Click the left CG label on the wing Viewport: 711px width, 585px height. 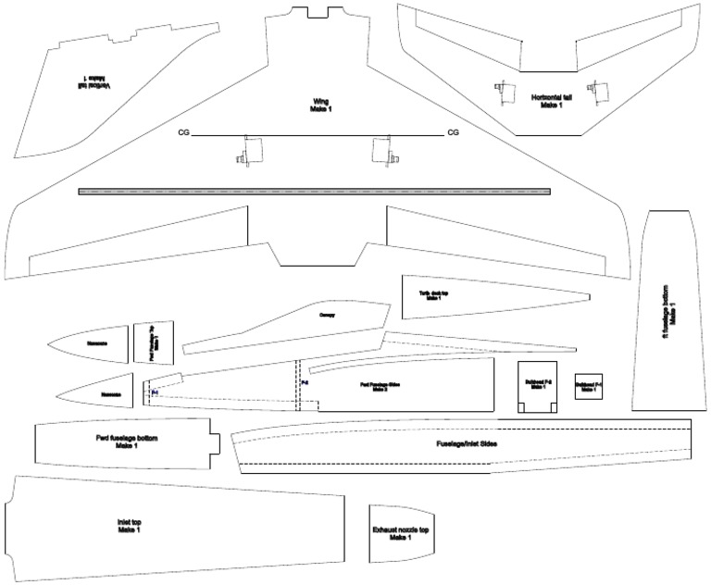click(184, 133)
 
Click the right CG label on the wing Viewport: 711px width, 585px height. click(453, 133)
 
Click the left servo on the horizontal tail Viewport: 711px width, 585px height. click(505, 91)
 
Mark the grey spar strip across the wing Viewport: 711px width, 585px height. click(315, 192)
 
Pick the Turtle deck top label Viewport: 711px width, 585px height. click(434, 295)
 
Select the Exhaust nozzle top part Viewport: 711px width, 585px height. click(400, 534)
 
